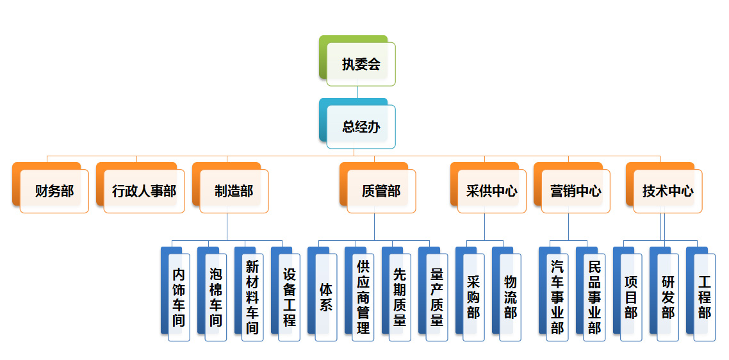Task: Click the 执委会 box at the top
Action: click(361, 64)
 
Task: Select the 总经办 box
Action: click(361, 127)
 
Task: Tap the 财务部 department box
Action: click(54, 191)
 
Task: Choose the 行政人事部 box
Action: click(143, 191)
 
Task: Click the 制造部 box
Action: click(234, 191)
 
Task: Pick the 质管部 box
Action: click(381, 191)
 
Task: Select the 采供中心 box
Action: click(492, 191)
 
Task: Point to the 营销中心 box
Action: click(575, 191)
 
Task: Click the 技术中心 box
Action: click(668, 191)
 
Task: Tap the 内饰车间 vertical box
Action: click(179, 297)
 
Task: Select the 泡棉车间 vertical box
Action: click(216, 297)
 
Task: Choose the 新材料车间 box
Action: click(252, 297)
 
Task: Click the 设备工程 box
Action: click(290, 297)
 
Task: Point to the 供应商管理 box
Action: click(363, 297)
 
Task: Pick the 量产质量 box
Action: click(437, 297)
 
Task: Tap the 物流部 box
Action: click(511, 297)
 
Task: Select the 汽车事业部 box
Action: click(557, 297)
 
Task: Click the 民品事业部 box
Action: click(594, 297)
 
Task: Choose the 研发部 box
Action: click(668, 297)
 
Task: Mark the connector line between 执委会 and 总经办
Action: click(358, 92)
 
